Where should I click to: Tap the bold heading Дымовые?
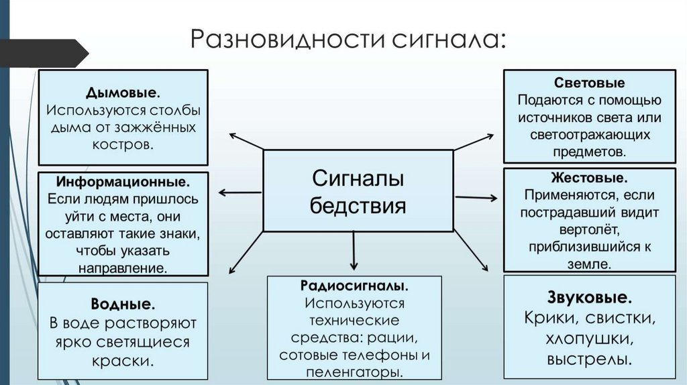122,92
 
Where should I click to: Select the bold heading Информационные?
123,182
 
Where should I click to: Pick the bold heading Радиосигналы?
354,286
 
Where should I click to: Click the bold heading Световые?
590,84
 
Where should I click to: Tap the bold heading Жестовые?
590,179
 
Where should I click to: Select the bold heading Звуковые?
590,296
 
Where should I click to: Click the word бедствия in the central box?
358,204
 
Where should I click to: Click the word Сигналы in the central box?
358,179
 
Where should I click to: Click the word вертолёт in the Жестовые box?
590,229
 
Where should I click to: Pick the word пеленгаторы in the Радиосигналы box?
354,371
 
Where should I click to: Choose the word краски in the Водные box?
122,360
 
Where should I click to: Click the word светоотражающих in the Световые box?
590,135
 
